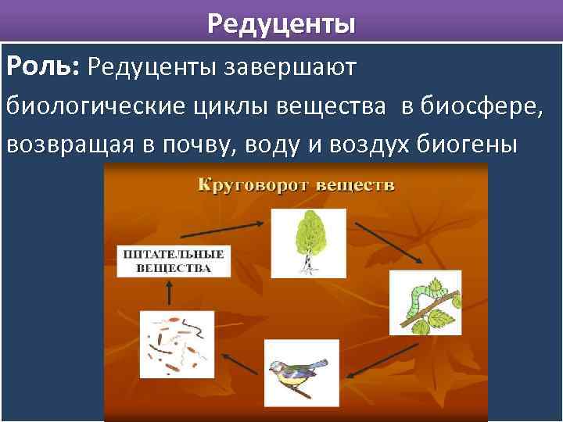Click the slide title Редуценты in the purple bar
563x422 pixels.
pyautogui.click(x=281, y=23)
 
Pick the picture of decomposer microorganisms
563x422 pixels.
pyautogui.click(x=176, y=345)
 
